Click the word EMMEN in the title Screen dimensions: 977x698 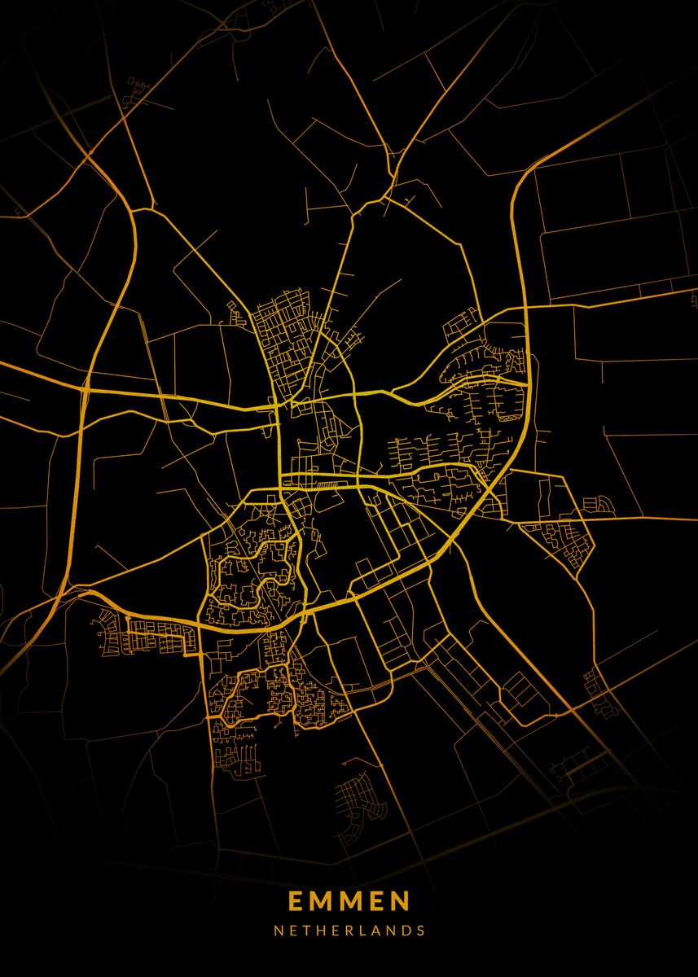pos(349,901)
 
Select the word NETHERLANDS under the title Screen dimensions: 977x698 pos(349,930)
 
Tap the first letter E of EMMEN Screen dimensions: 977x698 pos(294,901)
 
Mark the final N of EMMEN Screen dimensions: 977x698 pos(401,901)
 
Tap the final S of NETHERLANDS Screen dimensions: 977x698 pos(420,930)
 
